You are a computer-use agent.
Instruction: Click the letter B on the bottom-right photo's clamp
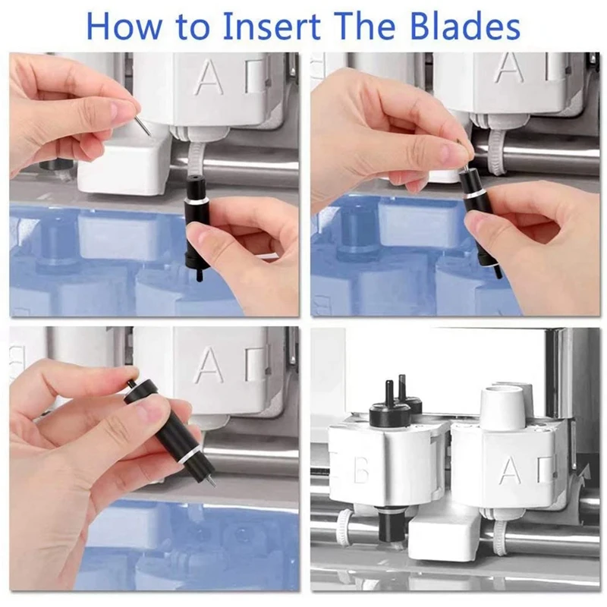(361, 471)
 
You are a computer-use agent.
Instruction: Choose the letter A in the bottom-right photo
(509, 471)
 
